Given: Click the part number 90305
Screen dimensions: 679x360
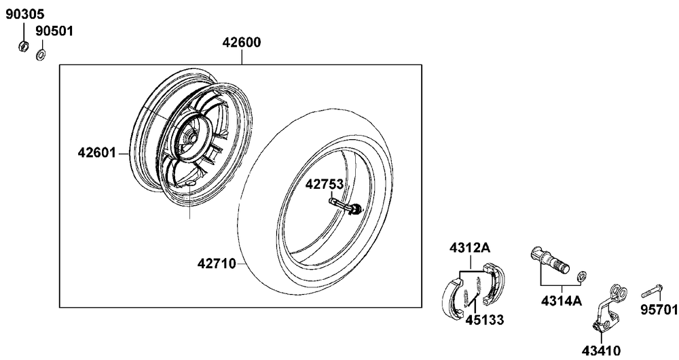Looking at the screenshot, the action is [25, 14].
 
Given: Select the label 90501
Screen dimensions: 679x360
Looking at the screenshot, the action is [54, 31].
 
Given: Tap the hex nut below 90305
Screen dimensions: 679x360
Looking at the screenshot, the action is [24, 46].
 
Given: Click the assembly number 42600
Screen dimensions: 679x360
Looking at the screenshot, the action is [242, 43].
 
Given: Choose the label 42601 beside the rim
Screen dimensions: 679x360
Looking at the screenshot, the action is [97, 153].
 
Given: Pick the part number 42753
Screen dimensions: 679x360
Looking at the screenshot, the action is [325, 184].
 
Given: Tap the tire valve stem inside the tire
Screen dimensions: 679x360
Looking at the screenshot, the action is [345, 206].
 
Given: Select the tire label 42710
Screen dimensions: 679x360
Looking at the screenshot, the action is [217, 264].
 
